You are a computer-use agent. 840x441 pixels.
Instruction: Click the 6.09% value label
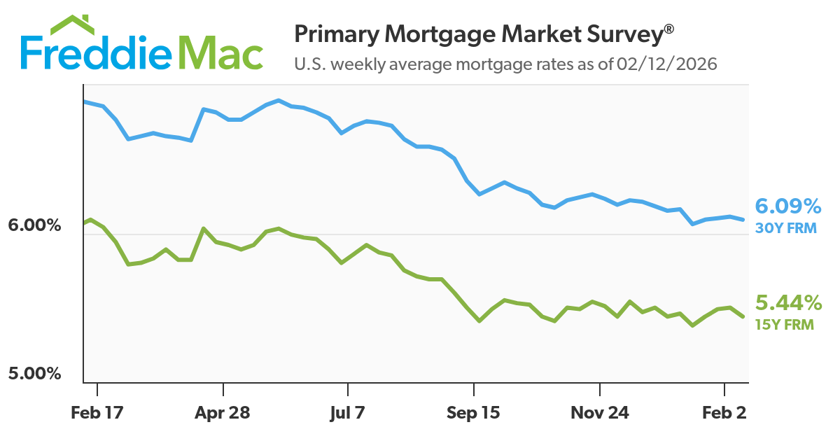(787, 207)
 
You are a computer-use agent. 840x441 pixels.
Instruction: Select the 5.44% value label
(787, 304)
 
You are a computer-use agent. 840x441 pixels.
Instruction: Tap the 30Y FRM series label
(785, 227)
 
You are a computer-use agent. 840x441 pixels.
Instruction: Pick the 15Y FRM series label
(785, 324)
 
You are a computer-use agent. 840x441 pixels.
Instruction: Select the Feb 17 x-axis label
(97, 413)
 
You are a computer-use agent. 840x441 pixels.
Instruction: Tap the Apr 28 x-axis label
(223, 413)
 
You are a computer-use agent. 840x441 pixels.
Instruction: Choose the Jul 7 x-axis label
(347, 413)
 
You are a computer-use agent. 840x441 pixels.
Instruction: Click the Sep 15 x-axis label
(474, 413)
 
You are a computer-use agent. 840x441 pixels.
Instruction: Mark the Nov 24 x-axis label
(599, 413)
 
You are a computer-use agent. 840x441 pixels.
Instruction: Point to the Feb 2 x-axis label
(723, 413)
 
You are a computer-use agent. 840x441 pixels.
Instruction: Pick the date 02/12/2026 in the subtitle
(667, 64)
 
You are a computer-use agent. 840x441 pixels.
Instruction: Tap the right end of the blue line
(743, 220)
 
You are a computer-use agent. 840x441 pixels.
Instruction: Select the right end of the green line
(743, 317)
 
